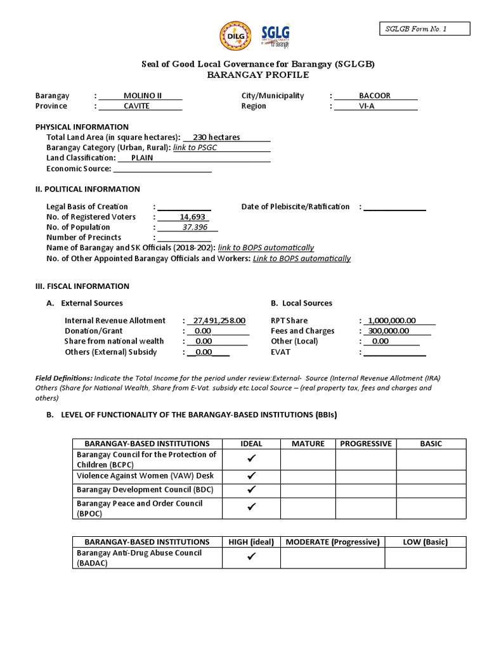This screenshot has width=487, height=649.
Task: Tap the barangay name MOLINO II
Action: pos(142,96)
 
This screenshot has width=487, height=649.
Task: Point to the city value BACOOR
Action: pos(375,96)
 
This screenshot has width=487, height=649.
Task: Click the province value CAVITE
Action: pos(137,106)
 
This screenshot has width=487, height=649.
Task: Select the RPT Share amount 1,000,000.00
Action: pos(393,321)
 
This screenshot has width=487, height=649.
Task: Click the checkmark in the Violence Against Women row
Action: pos(252,475)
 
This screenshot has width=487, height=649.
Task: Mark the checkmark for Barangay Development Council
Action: pos(252,489)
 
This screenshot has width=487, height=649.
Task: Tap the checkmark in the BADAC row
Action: pos(252,557)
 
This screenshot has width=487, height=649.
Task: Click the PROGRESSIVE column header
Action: pos(366,444)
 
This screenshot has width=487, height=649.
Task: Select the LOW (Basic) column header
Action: pos(425,542)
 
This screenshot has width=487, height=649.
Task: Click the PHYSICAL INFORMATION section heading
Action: pos(82,127)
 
